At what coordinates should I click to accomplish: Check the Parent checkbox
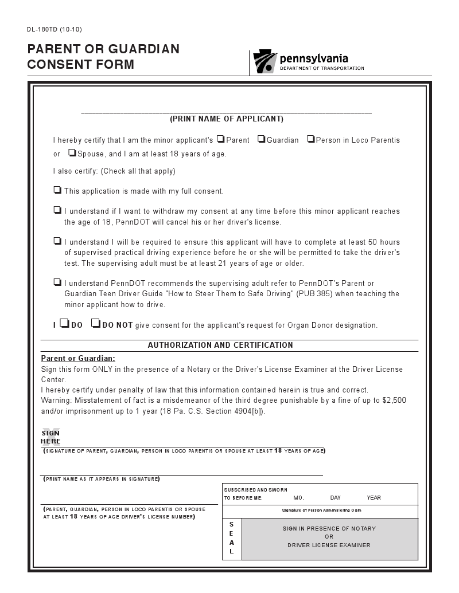(220, 139)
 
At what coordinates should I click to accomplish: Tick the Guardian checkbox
(261, 139)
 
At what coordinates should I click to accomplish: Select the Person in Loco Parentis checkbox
(310, 139)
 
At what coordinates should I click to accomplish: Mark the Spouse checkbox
(72, 152)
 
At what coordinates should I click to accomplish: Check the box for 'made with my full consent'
(57, 190)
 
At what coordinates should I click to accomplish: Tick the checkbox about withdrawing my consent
(57, 210)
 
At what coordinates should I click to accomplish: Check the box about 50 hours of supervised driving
(57, 241)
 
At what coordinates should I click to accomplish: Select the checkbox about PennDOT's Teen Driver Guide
(57, 282)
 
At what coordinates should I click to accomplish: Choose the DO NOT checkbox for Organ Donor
(96, 324)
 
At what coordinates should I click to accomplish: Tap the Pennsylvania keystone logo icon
(264, 61)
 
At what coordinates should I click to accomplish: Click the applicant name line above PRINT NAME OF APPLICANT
(226, 111)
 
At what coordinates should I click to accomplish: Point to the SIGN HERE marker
(50, 437)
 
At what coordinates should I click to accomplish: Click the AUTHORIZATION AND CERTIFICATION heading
(220, 345)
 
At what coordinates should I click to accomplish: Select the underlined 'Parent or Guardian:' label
(78, 359)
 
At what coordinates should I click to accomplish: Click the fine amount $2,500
(394, 400)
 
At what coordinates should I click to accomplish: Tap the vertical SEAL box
(232, 539)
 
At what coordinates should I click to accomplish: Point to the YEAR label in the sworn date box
(374, 498)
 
